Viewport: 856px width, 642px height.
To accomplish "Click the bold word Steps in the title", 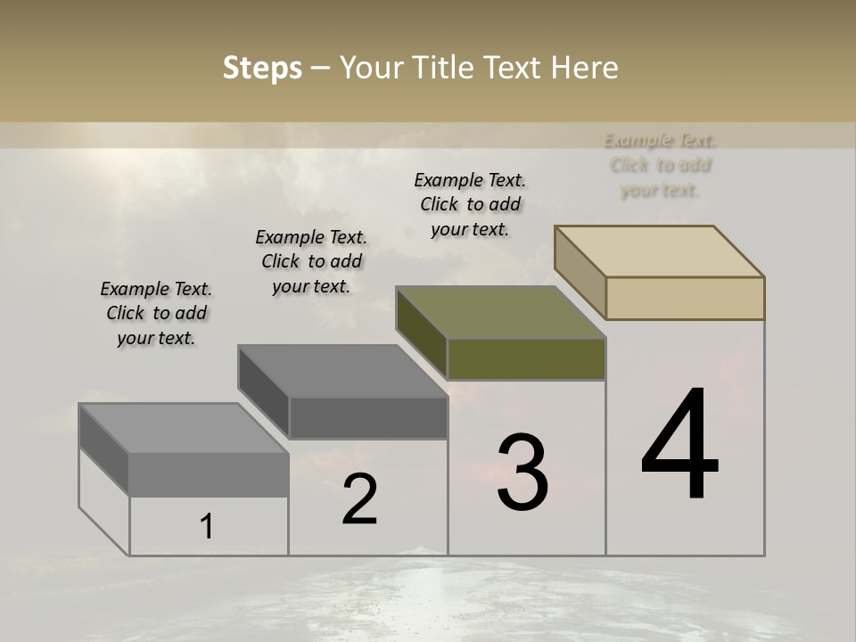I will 262,68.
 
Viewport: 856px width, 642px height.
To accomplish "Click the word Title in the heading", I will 443,68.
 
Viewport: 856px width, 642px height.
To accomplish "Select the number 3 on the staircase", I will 523,473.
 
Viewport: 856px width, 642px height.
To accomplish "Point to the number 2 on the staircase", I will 360,499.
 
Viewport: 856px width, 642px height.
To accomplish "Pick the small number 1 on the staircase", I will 206,526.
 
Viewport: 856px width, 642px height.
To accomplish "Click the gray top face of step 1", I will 184,428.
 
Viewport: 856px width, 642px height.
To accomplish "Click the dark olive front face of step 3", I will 526,358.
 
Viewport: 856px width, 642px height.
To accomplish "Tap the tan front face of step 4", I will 685,298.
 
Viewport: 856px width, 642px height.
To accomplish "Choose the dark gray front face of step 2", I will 368,417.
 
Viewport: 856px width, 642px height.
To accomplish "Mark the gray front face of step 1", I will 209,474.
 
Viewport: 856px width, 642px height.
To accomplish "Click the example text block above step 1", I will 156,313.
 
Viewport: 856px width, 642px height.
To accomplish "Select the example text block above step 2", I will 311,261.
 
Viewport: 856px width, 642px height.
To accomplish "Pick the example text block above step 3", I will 470,204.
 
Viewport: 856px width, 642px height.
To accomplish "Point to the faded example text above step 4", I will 660,165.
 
